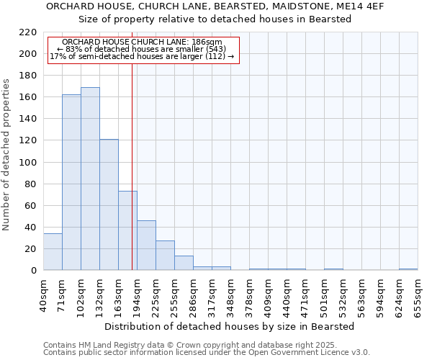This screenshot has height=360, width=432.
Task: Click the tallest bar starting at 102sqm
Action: (90, 179)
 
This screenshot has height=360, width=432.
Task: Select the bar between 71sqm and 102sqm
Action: (71, 182)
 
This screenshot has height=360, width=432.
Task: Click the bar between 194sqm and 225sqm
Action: (146, 245)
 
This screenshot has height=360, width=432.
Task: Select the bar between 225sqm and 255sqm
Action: (165, 255)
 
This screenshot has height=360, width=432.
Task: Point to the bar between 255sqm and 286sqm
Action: (184, 263)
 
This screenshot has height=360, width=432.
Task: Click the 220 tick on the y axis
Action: (28, 32)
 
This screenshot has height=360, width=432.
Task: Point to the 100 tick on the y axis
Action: (28, 162)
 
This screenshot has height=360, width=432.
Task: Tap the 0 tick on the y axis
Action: (33, 271)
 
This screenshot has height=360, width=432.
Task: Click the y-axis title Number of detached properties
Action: (6, 155)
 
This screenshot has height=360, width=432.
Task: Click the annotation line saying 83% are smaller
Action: (141, 49)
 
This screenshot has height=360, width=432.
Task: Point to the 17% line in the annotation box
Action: (141, 56)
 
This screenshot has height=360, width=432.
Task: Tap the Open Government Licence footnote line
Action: (207, 352)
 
